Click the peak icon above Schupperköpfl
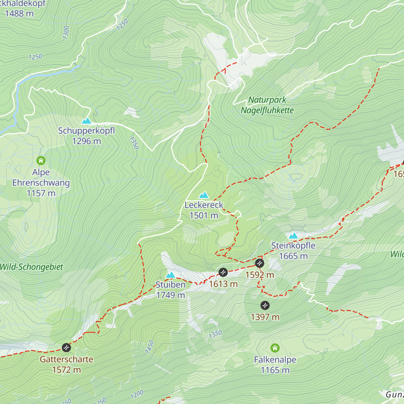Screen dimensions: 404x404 coord(87,121)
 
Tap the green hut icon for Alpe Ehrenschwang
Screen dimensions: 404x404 coord(41,160)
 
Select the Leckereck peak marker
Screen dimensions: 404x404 coord(204,195)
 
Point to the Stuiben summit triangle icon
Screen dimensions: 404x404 coord(171,275)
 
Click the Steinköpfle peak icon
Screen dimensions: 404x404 coord(293,236)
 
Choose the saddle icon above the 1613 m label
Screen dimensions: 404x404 coord(223,272)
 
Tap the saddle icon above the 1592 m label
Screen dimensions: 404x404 coord(259,263)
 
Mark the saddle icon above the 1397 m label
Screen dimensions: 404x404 coord(265,305)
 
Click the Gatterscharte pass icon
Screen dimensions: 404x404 coord(66,347)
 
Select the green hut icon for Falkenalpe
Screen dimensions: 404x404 coord(275,348)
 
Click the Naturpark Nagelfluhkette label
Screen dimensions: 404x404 coord(267,105)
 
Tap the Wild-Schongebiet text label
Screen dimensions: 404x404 coord(31,267)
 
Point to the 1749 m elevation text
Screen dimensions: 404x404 coord(171,295)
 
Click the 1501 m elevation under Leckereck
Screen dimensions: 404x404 coord(204,215)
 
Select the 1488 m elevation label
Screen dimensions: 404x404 coord(19,13)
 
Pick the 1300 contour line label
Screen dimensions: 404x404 coord(66,33)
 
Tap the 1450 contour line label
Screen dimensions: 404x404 coord(149,347)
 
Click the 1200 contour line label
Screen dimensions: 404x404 coord(137,394)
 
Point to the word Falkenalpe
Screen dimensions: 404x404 coord(275,360)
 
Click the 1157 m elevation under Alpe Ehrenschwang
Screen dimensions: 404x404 coord(41,193)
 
